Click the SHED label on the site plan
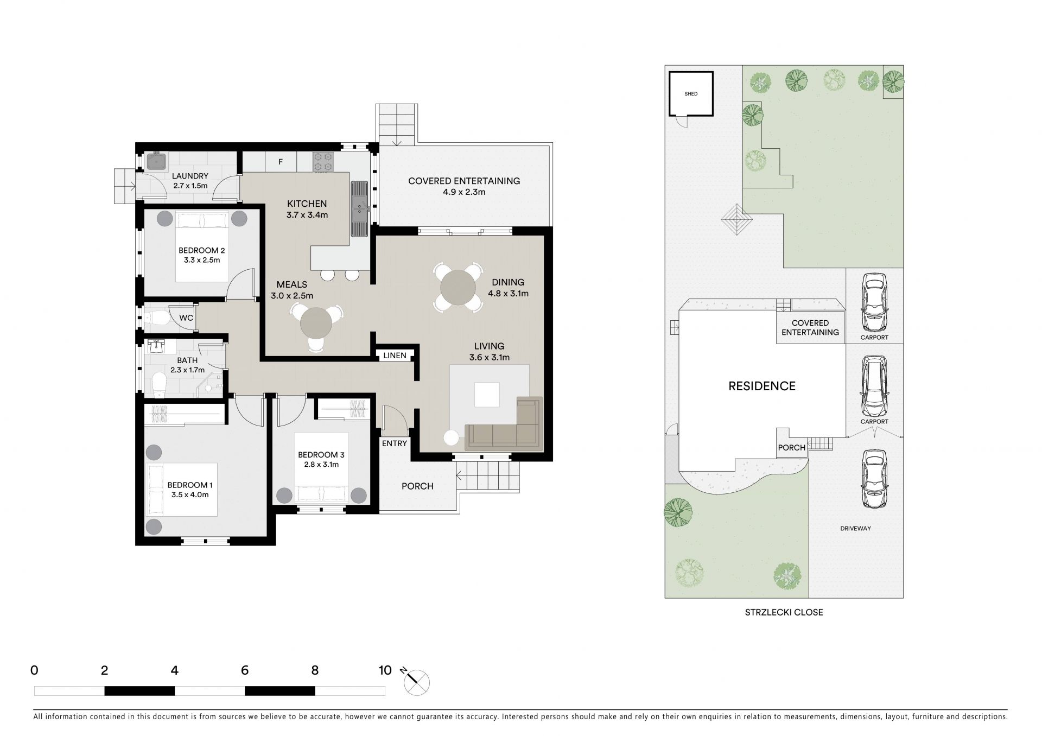(691, 94)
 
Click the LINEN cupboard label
(395, 356)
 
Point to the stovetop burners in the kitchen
(322, 162)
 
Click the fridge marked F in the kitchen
(281, 162)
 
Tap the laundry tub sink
(156, 161)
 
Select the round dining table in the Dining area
(459, 287)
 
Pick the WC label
(186, 318)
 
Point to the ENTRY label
(395, 443)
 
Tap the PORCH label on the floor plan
(417, 486)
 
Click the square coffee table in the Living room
(487, 395)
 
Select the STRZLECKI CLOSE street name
(784, 612)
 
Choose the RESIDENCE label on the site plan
(762, 386)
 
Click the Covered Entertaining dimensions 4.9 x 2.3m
(464, 192)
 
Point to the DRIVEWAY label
(855, 528)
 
